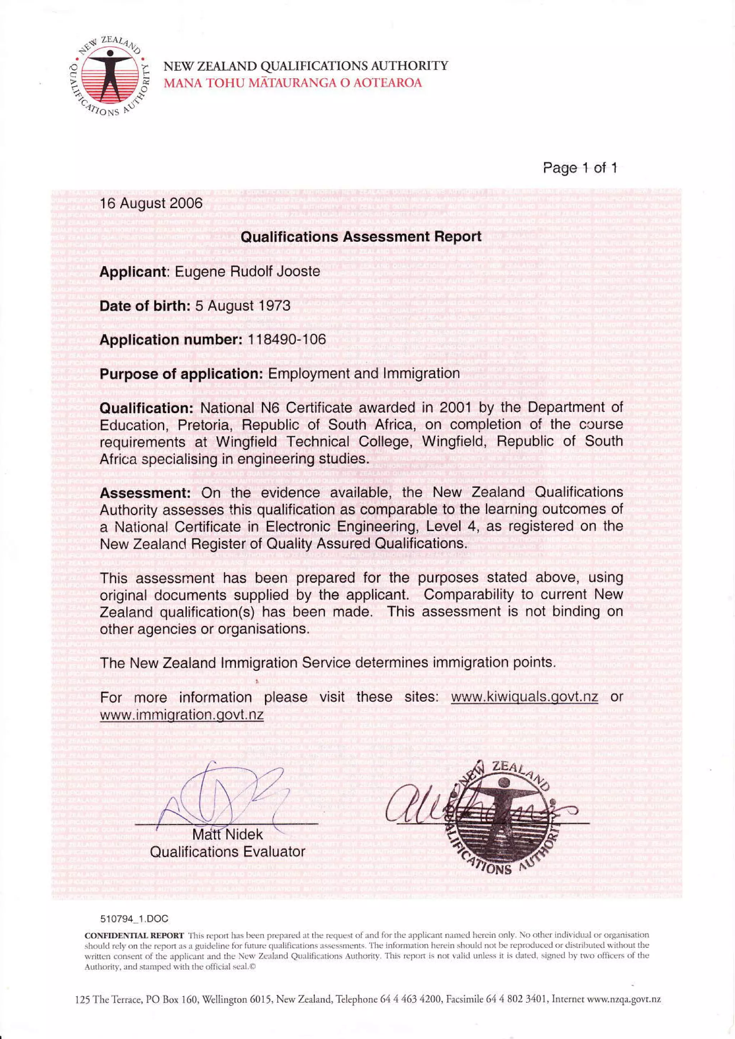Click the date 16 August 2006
click(151, 203)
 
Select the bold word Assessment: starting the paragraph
click(147, 493)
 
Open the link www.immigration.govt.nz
click(182, 715)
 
